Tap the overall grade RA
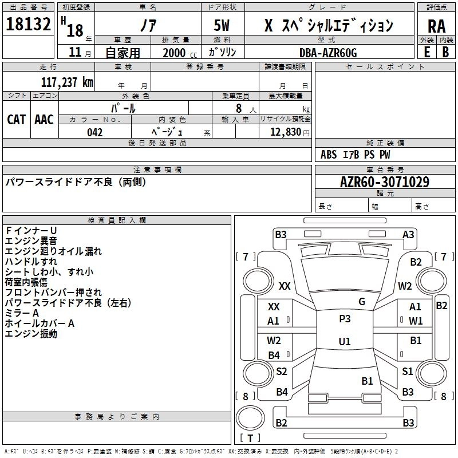(436, 26)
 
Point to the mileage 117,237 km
(67, 82)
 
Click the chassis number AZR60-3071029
(384, 183)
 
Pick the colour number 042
(94, 132)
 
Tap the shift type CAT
(17, 119)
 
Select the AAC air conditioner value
(44, 119)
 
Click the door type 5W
(223, 25)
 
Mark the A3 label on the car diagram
(408, 234)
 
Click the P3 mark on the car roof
(345, 319)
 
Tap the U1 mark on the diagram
(345, 341)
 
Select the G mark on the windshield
(361, 301)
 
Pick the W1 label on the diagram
(416, 321)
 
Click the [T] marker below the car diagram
(250, 439)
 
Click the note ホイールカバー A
(40, 323)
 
